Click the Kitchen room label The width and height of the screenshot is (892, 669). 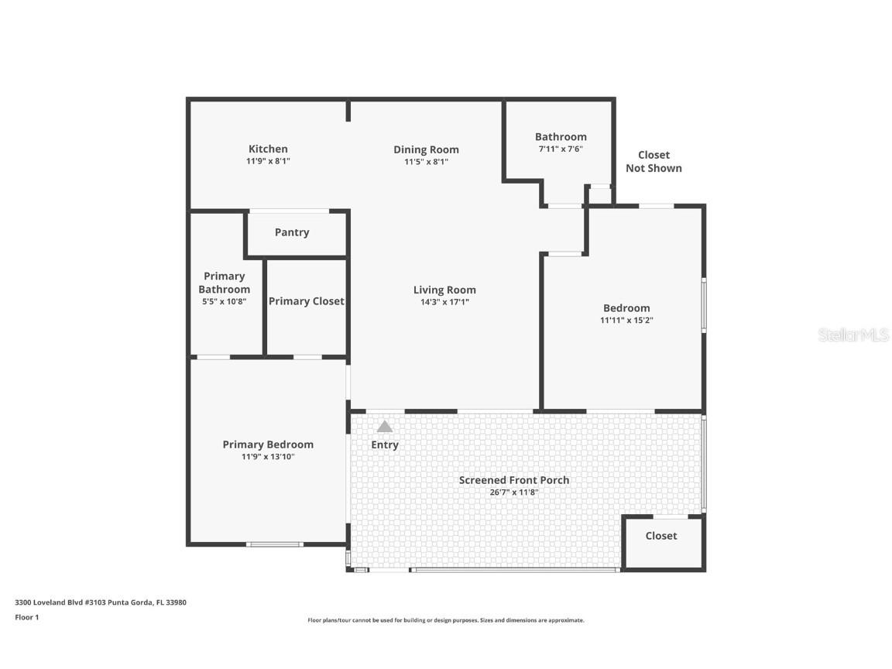268,149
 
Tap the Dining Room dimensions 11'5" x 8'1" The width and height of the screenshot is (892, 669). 426,162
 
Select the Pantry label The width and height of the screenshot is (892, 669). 292,232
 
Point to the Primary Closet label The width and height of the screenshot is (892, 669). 306,301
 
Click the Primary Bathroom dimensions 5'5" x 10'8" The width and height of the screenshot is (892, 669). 224,301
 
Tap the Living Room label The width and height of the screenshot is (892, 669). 444,290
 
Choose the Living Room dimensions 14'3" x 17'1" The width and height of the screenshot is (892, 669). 444,302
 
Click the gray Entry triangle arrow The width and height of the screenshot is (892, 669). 385,427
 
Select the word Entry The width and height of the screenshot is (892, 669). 385,445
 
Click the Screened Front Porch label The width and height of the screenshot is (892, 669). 513,480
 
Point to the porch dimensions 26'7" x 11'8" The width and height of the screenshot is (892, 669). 513,492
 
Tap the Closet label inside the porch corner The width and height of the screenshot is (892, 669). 661,536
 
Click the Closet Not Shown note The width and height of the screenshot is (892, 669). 654,162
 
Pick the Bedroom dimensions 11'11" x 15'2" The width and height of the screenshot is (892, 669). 626,321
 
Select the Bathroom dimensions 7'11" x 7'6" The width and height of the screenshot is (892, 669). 561,149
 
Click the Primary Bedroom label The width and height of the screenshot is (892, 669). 268,445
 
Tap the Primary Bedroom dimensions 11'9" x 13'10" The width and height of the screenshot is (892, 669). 268,457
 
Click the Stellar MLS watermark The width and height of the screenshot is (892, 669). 853,335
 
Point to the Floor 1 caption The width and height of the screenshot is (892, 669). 27,617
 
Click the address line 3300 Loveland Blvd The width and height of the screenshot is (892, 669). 101,602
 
